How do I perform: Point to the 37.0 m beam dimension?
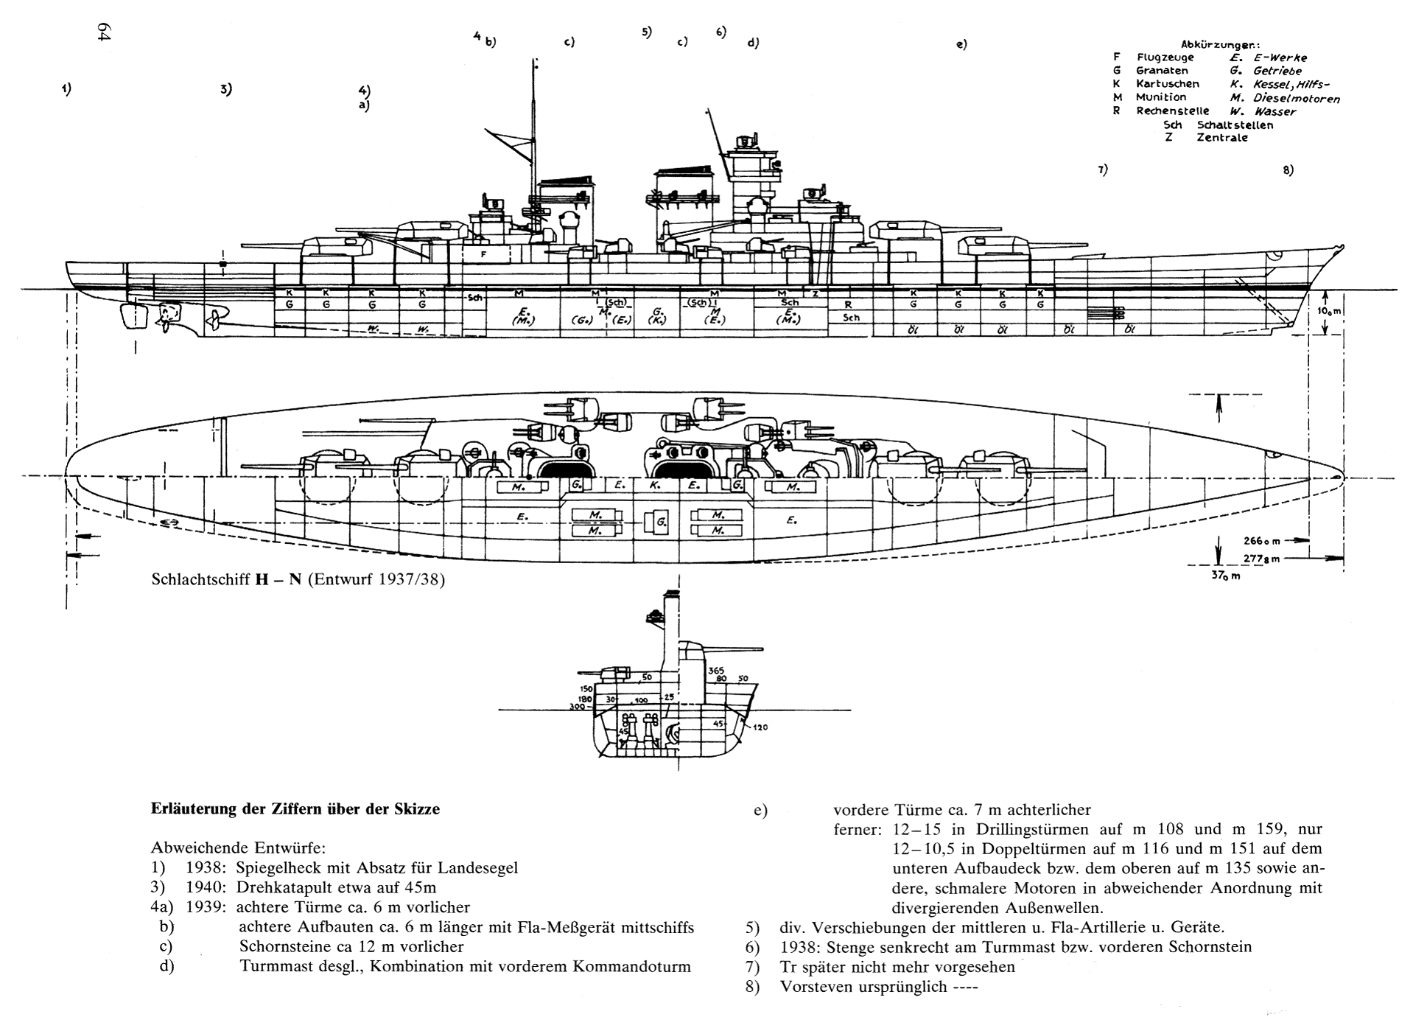click(1226, 576)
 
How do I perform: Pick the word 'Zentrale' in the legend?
click(1222, 137)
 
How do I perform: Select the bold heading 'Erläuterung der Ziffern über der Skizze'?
click(295, 809)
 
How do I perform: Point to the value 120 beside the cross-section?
click(760, 727)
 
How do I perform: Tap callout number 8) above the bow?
click(1288, 170)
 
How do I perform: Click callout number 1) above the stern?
click(66, 89)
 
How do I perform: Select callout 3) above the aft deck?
click(225, 89)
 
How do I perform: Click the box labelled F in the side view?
click(483, 254)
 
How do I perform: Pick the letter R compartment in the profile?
click(849, 304)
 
